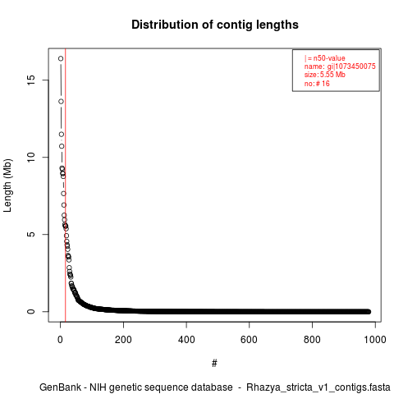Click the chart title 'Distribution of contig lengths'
pos(215,25)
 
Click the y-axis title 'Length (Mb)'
pos(7,186)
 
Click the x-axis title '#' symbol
pos(214,364)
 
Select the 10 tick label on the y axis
pos(31,157)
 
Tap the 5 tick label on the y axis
pos(31,234)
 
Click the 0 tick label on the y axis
pos(31,311)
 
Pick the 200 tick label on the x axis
pos(123,340)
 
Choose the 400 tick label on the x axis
pos(186,340)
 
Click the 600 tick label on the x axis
pos(250,340)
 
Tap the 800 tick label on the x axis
pos(312,340)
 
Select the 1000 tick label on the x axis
pos(375,340)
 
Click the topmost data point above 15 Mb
pos(61,58)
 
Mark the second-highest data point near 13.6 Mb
pos(61,102)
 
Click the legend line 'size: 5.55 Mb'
pos(325,75)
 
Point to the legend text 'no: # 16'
pos(317,84)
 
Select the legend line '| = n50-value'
pos(325,58)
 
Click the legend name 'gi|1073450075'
pos(351,66)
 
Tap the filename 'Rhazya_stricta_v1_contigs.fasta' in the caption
pos(318,387)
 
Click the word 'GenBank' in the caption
pos(61,387)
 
